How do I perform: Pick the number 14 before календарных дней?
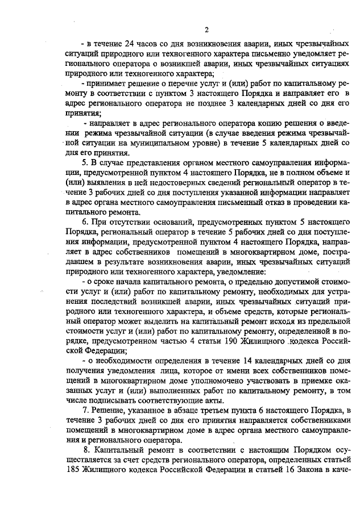coord(247,361)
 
